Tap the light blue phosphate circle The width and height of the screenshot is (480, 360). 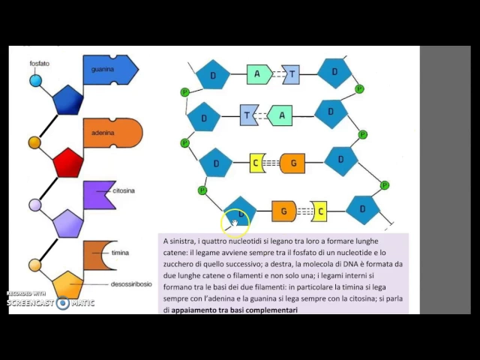tap(36, 79)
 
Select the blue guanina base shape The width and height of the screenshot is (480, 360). tap(109, 70)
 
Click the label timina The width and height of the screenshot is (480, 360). tap(120, 253)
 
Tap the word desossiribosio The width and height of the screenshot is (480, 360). tap(132, 284)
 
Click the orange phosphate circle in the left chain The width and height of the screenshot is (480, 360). tap(34, 142)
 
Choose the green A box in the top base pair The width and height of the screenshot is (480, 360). tap(259, 73)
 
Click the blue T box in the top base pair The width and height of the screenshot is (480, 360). tap(290, 73)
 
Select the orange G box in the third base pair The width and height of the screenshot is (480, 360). tap(292, 163)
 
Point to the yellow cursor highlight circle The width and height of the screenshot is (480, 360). tap(234, 221)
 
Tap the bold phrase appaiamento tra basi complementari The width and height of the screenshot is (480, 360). tap(234, 309)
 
